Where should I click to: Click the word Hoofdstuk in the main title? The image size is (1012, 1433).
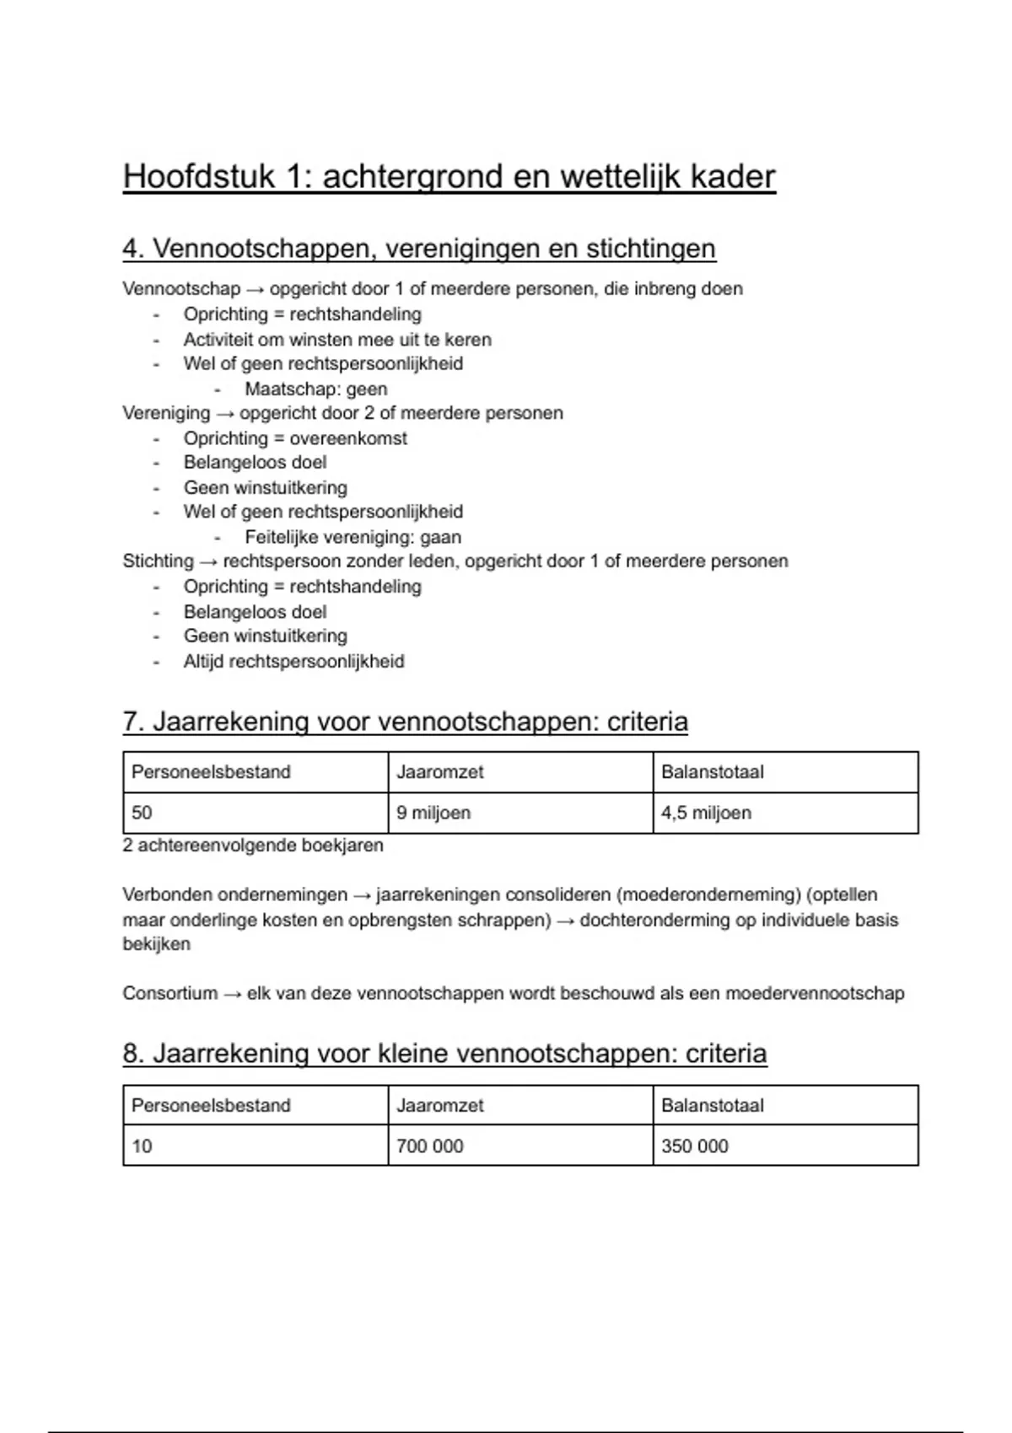(x=199, y=177)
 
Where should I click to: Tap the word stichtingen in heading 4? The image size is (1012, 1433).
(x=650, y=249)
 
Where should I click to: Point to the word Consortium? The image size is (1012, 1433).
(x=170, y=993)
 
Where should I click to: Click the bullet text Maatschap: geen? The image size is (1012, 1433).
(x=316, y=389)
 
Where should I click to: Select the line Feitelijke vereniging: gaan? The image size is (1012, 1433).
(x=353, y=537)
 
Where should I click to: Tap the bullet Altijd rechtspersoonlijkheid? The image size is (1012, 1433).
(x=293, y=661)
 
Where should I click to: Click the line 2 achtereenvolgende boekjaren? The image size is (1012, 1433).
(x=253, y=845)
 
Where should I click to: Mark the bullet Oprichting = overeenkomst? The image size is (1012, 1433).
(x=295, y=438)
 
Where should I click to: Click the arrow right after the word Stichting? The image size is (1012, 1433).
(x=208, y=561)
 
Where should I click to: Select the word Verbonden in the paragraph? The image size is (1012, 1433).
(x=163, y=894)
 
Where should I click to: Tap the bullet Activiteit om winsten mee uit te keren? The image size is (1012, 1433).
(x=337, y=340)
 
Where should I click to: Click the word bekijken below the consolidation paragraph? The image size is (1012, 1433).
(x=156, y=943)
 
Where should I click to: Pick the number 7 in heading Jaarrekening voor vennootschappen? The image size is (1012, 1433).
(x=131, y=722)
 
